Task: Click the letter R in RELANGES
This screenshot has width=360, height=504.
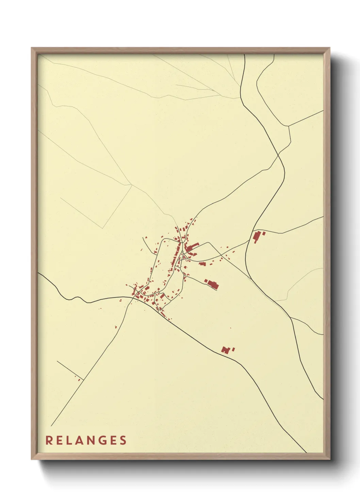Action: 49,440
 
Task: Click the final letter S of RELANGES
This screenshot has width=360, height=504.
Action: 123,440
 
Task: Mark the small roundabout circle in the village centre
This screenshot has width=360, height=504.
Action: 182,252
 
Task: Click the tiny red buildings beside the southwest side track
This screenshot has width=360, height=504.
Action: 79,379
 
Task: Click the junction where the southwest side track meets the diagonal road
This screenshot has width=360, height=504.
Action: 84,380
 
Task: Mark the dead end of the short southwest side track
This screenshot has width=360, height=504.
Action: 57,361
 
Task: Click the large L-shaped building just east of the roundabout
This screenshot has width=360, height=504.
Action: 192,247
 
